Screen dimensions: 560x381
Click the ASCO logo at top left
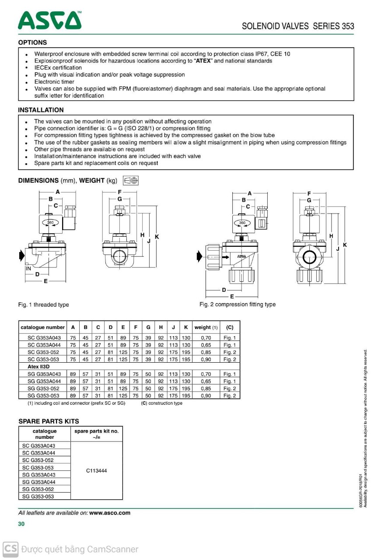[x=49, y=20]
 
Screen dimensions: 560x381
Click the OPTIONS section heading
[x=32, y=42]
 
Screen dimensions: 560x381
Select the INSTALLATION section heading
[x=41, y=110]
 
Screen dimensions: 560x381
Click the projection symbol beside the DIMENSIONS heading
[x=131, y=180]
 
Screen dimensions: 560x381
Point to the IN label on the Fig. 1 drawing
[x=28, y=269]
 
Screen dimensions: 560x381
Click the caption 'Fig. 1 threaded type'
[x=43, y=304]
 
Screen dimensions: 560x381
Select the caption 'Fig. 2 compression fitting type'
[x=238, y=304]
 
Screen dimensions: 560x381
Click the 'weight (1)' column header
[x=206, y=327]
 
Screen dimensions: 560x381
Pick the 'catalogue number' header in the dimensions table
[x=42, y=327]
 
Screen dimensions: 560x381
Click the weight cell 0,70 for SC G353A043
[x=206, y=338]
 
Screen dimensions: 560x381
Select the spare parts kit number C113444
[x=96, y=471]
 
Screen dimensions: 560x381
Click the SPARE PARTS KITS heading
[x=49, y=421]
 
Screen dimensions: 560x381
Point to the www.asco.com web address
[x=110, y=513]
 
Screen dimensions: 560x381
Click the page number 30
[x=21, y=524]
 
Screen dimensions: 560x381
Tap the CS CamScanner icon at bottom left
[x=10, y=549]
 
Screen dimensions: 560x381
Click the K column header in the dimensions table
[x=186, y=327]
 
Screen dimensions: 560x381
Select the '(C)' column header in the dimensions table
[x=230, y=327]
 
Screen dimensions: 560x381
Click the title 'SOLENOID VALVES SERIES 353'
[x=298, y=26]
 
